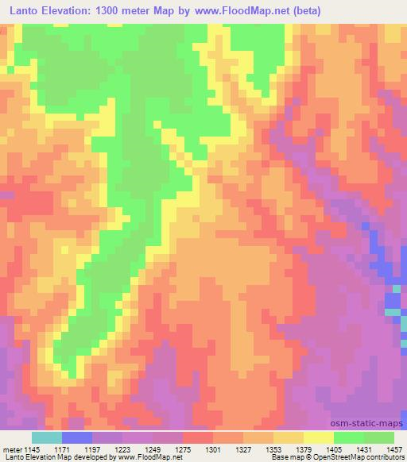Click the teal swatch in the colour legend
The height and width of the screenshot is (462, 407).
tap(47, 437)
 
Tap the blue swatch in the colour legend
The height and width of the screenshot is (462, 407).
tap(77, 437)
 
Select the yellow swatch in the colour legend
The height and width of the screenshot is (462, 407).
tap(319, 437)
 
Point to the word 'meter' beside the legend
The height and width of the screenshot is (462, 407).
tap(10, 449)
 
